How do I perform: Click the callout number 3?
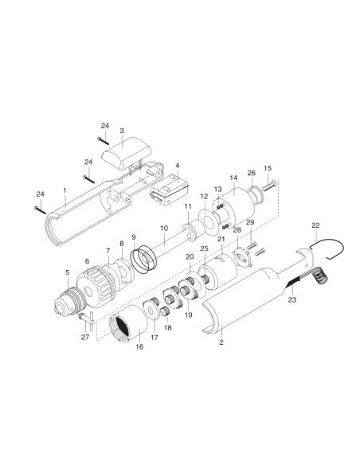point(122,131)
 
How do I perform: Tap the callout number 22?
point(315,225)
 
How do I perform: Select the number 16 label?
point(139,346)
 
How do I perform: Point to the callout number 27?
point(85,337)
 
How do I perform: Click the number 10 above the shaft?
point(164,228)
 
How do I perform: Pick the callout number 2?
point(221,342)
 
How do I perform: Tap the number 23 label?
point(292,300)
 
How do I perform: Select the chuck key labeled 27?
point(87,319)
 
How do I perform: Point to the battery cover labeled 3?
point(127,153)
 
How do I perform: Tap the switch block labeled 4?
point(169,190)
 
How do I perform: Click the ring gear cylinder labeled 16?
point(128,323)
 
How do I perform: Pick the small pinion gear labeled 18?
point(165,311)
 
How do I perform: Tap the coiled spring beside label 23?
point(319,275)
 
